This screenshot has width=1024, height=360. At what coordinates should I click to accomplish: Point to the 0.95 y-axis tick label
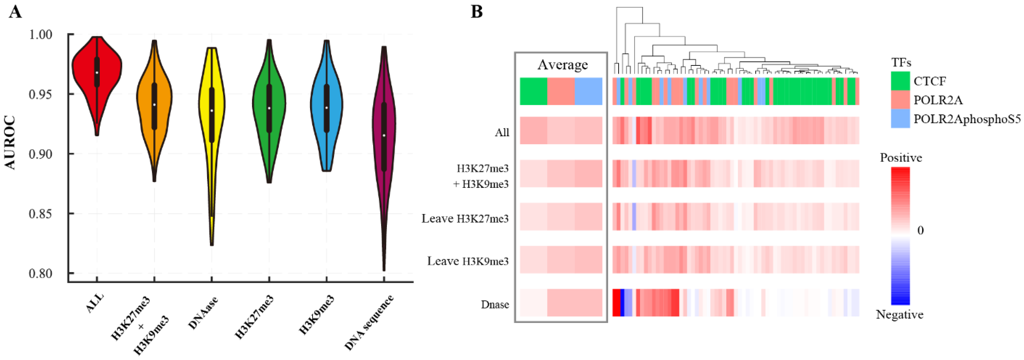41,95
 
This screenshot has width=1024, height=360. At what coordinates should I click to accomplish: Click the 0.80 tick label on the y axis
41,274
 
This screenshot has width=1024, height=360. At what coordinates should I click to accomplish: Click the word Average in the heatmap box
563,64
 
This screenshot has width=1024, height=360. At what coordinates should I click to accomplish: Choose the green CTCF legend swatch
900,81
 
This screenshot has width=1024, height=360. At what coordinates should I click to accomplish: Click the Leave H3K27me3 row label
465,219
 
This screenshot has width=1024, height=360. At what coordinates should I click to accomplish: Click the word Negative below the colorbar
899,315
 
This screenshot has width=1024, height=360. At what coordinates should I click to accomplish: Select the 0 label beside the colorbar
920,230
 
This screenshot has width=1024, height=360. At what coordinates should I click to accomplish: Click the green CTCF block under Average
534,91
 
